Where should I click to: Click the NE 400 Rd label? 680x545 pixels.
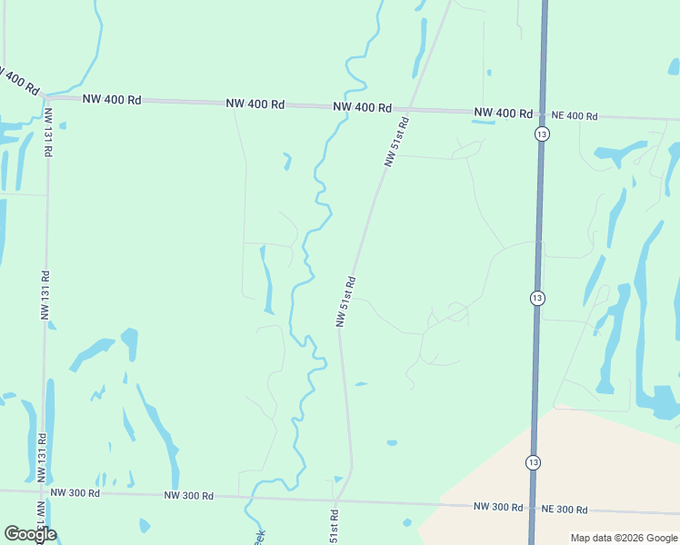[x=574, y=116]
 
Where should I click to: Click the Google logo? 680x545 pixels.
[x=30, y=533]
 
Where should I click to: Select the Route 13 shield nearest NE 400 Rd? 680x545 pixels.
[x=541, y=134]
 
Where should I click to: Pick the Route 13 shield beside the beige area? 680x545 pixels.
[x=532, y=462]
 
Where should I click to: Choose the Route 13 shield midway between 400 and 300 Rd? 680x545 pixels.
[x=536, y=298]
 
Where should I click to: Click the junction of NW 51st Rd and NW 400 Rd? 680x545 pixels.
[x=411, y=109]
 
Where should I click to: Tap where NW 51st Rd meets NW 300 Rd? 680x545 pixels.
[x=336, y=499]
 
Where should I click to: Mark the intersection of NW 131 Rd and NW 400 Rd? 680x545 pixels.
[x=45, y=96]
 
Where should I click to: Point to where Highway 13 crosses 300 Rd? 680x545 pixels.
[x=531, y=507]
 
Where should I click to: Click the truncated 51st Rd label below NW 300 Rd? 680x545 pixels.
[x=334, y=527]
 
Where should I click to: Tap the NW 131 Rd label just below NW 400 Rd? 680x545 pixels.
[x=48, y=134]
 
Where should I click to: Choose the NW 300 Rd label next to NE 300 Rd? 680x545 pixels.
[x=498, y=506]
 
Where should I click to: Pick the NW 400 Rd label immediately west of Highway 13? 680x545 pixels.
[x=503, y=114]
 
